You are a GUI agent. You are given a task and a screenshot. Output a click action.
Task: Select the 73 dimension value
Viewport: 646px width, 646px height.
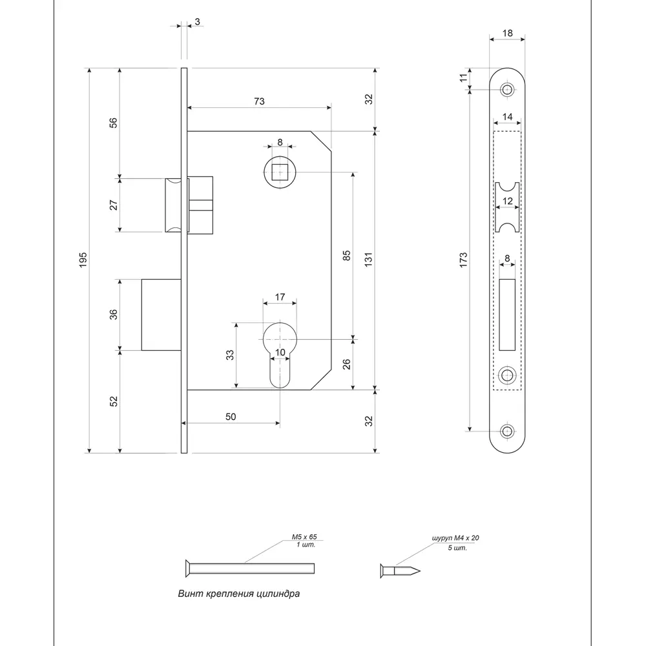click(x=258, y=101)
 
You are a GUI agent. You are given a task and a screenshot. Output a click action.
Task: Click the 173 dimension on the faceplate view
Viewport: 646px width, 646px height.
click(x=463, y=260)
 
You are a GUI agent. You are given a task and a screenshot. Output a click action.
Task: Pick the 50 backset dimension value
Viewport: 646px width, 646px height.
click(x=231, y=417)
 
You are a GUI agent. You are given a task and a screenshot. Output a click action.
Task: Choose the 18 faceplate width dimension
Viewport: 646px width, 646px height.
click(x=506, y=32)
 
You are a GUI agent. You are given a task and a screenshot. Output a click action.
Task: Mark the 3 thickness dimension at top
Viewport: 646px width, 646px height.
click(x=196, y=21)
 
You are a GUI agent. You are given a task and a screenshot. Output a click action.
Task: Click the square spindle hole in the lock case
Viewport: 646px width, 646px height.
click(x=279, y=173)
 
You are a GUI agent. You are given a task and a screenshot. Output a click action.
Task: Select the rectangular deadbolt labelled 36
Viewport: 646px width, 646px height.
click(x=161, y=315)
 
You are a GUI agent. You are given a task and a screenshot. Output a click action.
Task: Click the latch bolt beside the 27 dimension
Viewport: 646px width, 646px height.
click(x=174, y=204)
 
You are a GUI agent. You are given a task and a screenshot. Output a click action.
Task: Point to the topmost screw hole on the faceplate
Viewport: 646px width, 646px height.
click(x=508, y=90)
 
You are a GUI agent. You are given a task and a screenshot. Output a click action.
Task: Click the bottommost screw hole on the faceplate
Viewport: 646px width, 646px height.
click(x=508, y=431)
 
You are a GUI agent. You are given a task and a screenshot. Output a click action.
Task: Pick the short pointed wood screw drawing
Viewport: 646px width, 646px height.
click(x=400, y=569)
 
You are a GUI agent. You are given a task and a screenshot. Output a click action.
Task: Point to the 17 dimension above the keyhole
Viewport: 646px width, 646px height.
click(x=280, y=297)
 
